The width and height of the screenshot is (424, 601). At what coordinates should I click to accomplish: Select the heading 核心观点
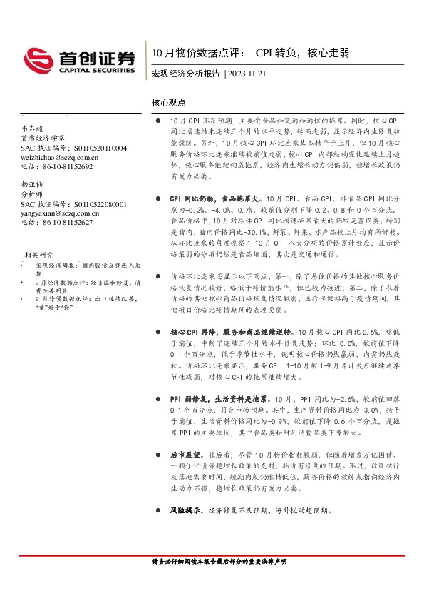point(168,103)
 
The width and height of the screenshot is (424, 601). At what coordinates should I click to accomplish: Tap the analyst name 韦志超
point(32,128)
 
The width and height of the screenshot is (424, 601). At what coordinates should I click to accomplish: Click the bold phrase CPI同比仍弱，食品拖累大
point(214,196)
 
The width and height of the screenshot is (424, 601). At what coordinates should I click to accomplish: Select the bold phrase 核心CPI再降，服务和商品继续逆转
point(232,313)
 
